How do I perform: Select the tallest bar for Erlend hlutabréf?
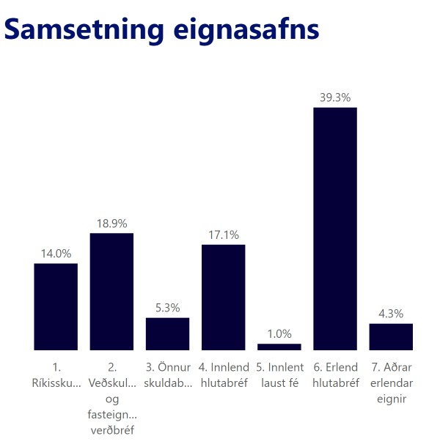click(335, 229)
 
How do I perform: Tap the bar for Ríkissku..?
click(56, 306)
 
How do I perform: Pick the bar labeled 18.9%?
click(111, 292)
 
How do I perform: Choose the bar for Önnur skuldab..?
click(167, 333)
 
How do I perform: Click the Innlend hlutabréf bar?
click(223, 297)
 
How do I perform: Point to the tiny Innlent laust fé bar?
click(279, 347)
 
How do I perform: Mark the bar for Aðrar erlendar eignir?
click(391, 336)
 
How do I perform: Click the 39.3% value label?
click(335, 97)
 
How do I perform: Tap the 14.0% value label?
click(56, 254)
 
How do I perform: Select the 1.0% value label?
click(279, 333)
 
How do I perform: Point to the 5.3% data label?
click(167, 308)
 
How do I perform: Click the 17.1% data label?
click(223, 234)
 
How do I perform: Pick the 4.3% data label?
click(391, 314)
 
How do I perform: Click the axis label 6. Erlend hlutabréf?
click(335, 374)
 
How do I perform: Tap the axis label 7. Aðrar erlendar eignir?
click(391, 382)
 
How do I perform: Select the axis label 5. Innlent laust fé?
click(279, 374)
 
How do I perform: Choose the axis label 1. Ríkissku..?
click(56, 374)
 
